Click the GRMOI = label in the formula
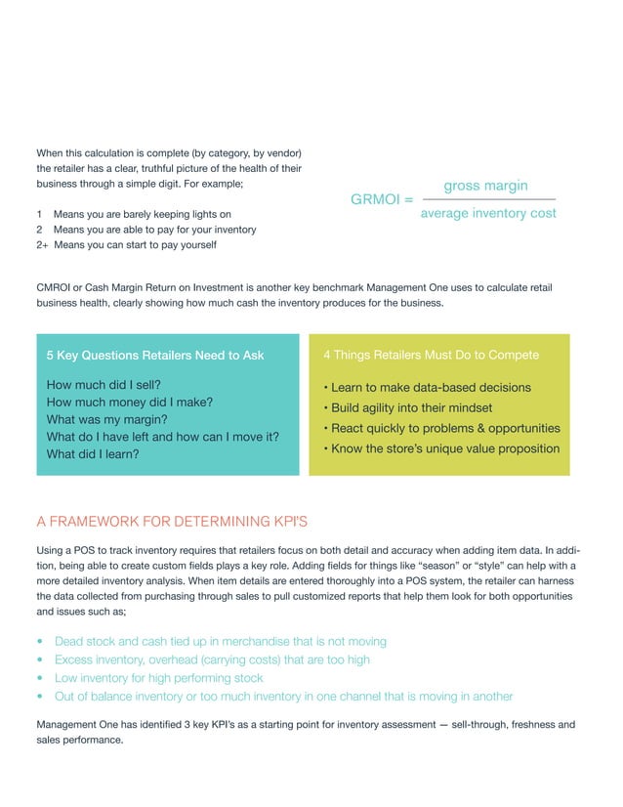tap(381, 199)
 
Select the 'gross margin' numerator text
tap(485, 186)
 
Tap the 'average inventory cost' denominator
tap(487, 213)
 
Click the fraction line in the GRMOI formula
tap(487, 199)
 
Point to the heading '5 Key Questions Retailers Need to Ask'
tap(154, 355)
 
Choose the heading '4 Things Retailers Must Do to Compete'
tap(431, 355)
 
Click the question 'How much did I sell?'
tap(104, 385)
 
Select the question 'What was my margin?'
tap(108, 419)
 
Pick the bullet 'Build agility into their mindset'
tap(411, 407)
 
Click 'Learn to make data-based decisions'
tap(431, 387)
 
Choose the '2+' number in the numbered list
tap(42, 245)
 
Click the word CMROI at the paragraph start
tap(54, 287)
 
